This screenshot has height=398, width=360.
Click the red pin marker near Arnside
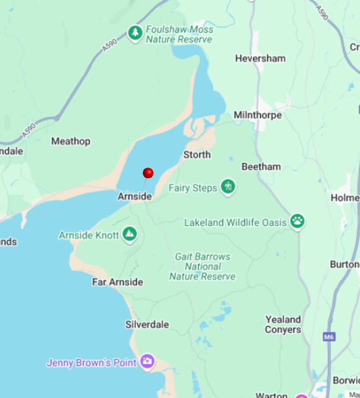[x=148, y=172]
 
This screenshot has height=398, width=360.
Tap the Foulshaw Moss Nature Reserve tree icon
[x=136, y=34]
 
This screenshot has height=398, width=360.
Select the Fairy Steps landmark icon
[x=228, y=188]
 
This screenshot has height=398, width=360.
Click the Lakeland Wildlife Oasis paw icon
[x=297, y=222]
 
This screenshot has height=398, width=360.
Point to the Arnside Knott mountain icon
[x=129, y=235]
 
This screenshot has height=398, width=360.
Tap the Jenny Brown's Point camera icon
[x=147, y=361]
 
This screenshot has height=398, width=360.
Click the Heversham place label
[x=260, y=58]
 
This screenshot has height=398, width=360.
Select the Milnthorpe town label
[x=258, y=115]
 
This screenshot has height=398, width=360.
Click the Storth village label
[x=197, y=155]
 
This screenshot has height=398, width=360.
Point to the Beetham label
[x=261, y=166]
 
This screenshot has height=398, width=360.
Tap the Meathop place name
[x=70, y=141]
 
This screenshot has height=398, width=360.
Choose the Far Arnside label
[x=117, y=282]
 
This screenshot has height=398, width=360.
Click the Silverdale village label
[x=147, y=325]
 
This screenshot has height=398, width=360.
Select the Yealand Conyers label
[x=283, y=325]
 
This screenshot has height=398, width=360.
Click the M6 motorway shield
[x=329, y=336]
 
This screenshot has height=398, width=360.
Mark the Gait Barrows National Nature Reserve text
[x=202, y=267]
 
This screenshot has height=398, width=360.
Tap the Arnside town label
[x=134, y=196]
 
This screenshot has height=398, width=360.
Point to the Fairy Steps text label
[x=192, y=188]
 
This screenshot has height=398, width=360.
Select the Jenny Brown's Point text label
[x=91, y=362]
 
